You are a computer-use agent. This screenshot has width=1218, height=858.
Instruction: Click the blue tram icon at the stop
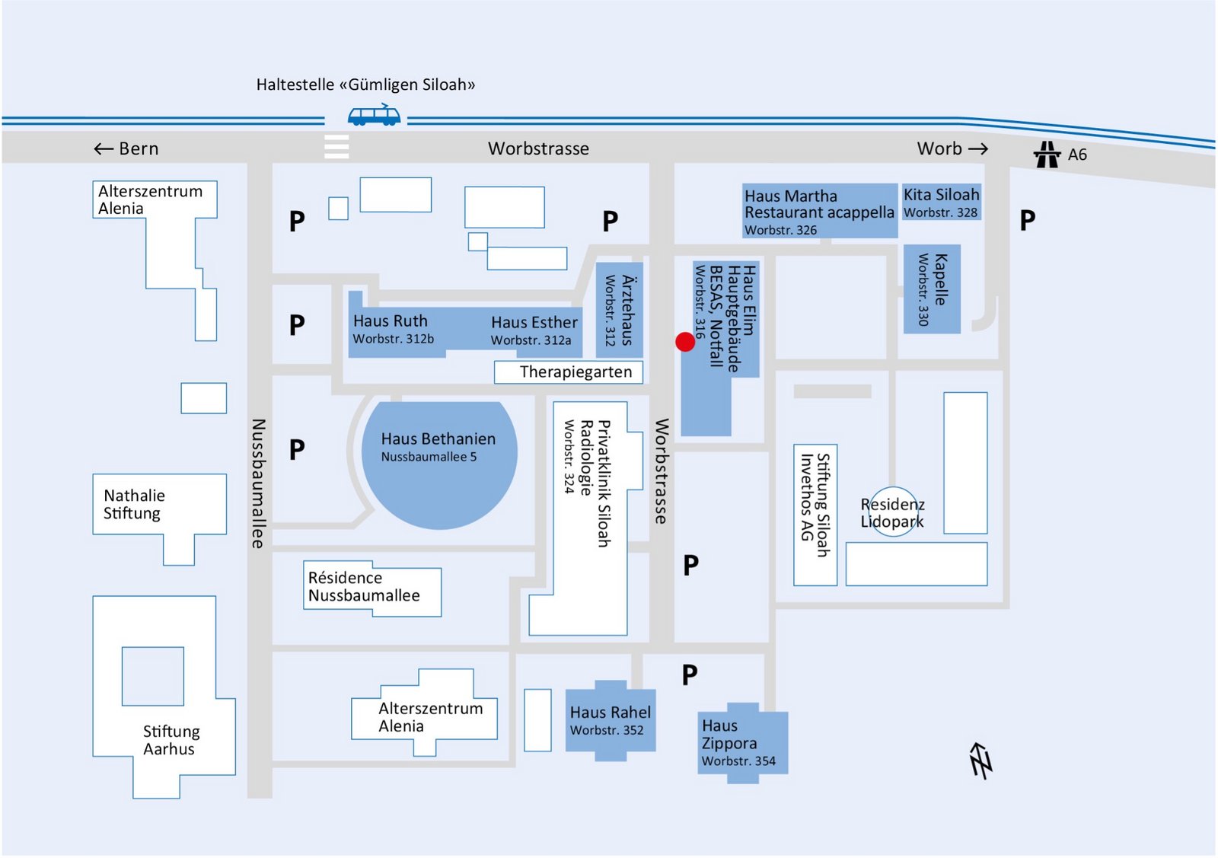(x=374, y=115)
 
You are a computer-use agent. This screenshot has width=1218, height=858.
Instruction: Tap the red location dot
(x=685, y=343)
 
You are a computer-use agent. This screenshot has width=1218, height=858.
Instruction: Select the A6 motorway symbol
(x=1047, y=155)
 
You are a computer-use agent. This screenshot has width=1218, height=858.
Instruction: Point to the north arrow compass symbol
(x=980, y=760)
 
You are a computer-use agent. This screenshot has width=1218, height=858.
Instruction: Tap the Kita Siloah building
(x=941, y=203)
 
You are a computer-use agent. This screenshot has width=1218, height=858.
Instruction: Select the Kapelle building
(x=932, y=289)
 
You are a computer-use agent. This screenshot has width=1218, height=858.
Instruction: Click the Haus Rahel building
(x=610, y=720)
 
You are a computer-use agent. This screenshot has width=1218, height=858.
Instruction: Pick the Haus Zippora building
(x=741, y=742)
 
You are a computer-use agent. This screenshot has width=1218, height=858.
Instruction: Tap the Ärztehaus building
(x=620, y=310)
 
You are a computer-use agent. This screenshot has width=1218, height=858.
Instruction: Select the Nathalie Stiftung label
(x=134, y=504)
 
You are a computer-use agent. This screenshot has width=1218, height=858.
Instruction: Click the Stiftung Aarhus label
(x=171, y=740)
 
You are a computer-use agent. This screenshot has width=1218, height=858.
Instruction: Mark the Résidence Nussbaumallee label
(x=363, y=587)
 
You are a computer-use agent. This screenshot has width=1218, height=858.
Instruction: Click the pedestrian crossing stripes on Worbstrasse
(x=336, y=146)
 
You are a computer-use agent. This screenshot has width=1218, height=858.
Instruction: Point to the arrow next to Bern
(x=104, y=149)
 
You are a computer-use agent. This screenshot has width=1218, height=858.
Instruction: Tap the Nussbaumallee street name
(x=259, y=483)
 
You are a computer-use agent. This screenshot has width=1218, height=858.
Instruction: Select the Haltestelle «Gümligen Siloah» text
(x=365, y=85)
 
